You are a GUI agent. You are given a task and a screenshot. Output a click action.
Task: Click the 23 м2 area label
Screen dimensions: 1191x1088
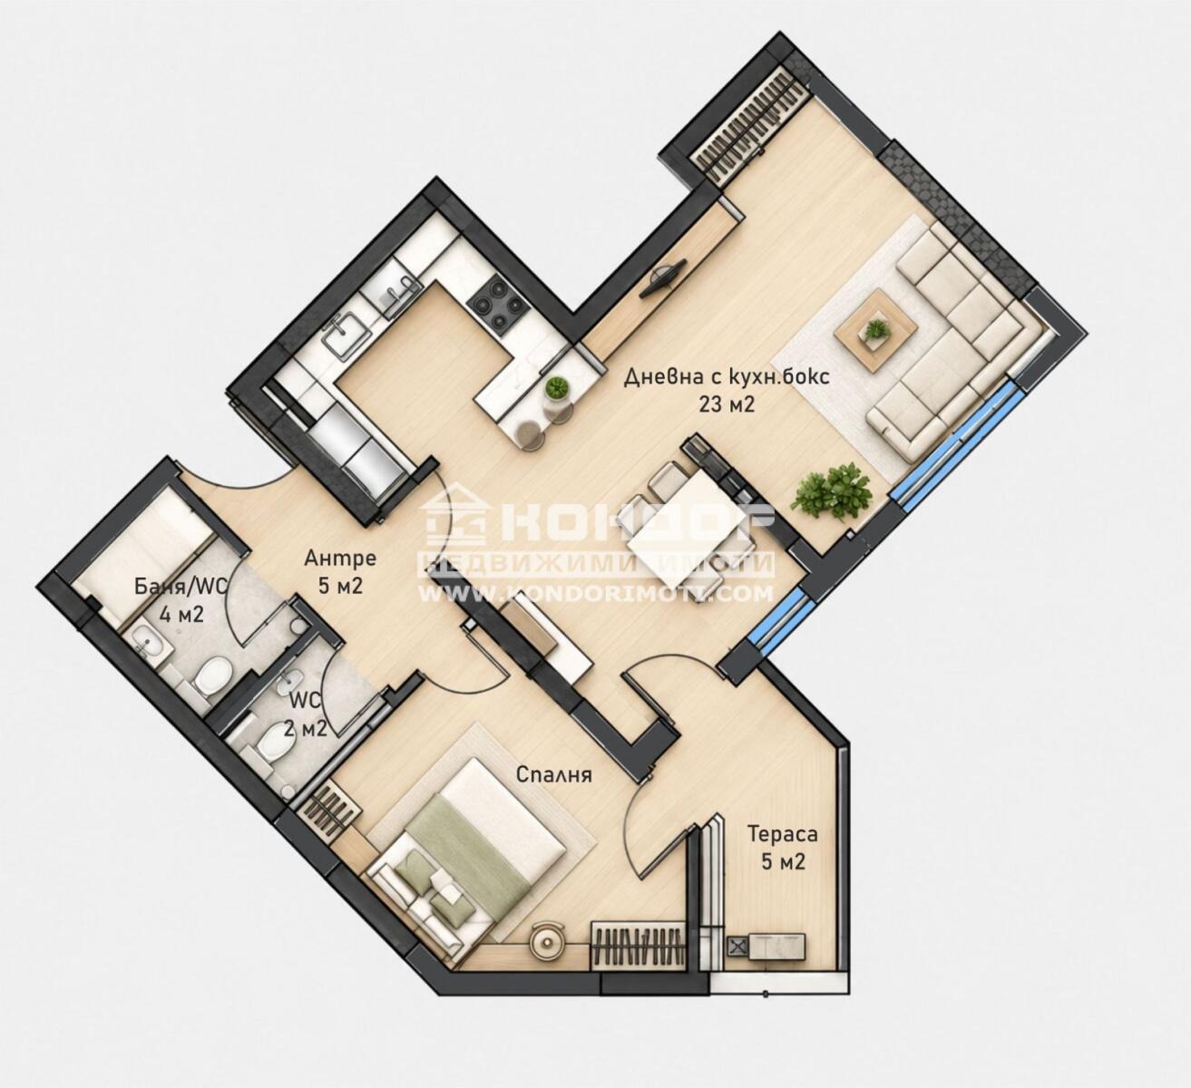pyautogui.click(x=727, y=404)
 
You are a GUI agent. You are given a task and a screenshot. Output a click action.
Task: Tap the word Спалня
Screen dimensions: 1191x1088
pyautogui.click(x=553, y=775)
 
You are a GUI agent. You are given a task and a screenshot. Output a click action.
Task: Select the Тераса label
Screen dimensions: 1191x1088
pyautogui.click(x=783, y=834)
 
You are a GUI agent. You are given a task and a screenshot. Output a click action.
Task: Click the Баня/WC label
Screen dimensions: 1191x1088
pyautogui.click(x=181, y=587)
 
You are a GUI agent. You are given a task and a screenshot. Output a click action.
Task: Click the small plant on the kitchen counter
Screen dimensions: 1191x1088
pyautogui.click(x=556, y=389)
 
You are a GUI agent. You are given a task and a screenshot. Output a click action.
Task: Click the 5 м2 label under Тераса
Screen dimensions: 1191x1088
pyautogui.click(x=783, y=860)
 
